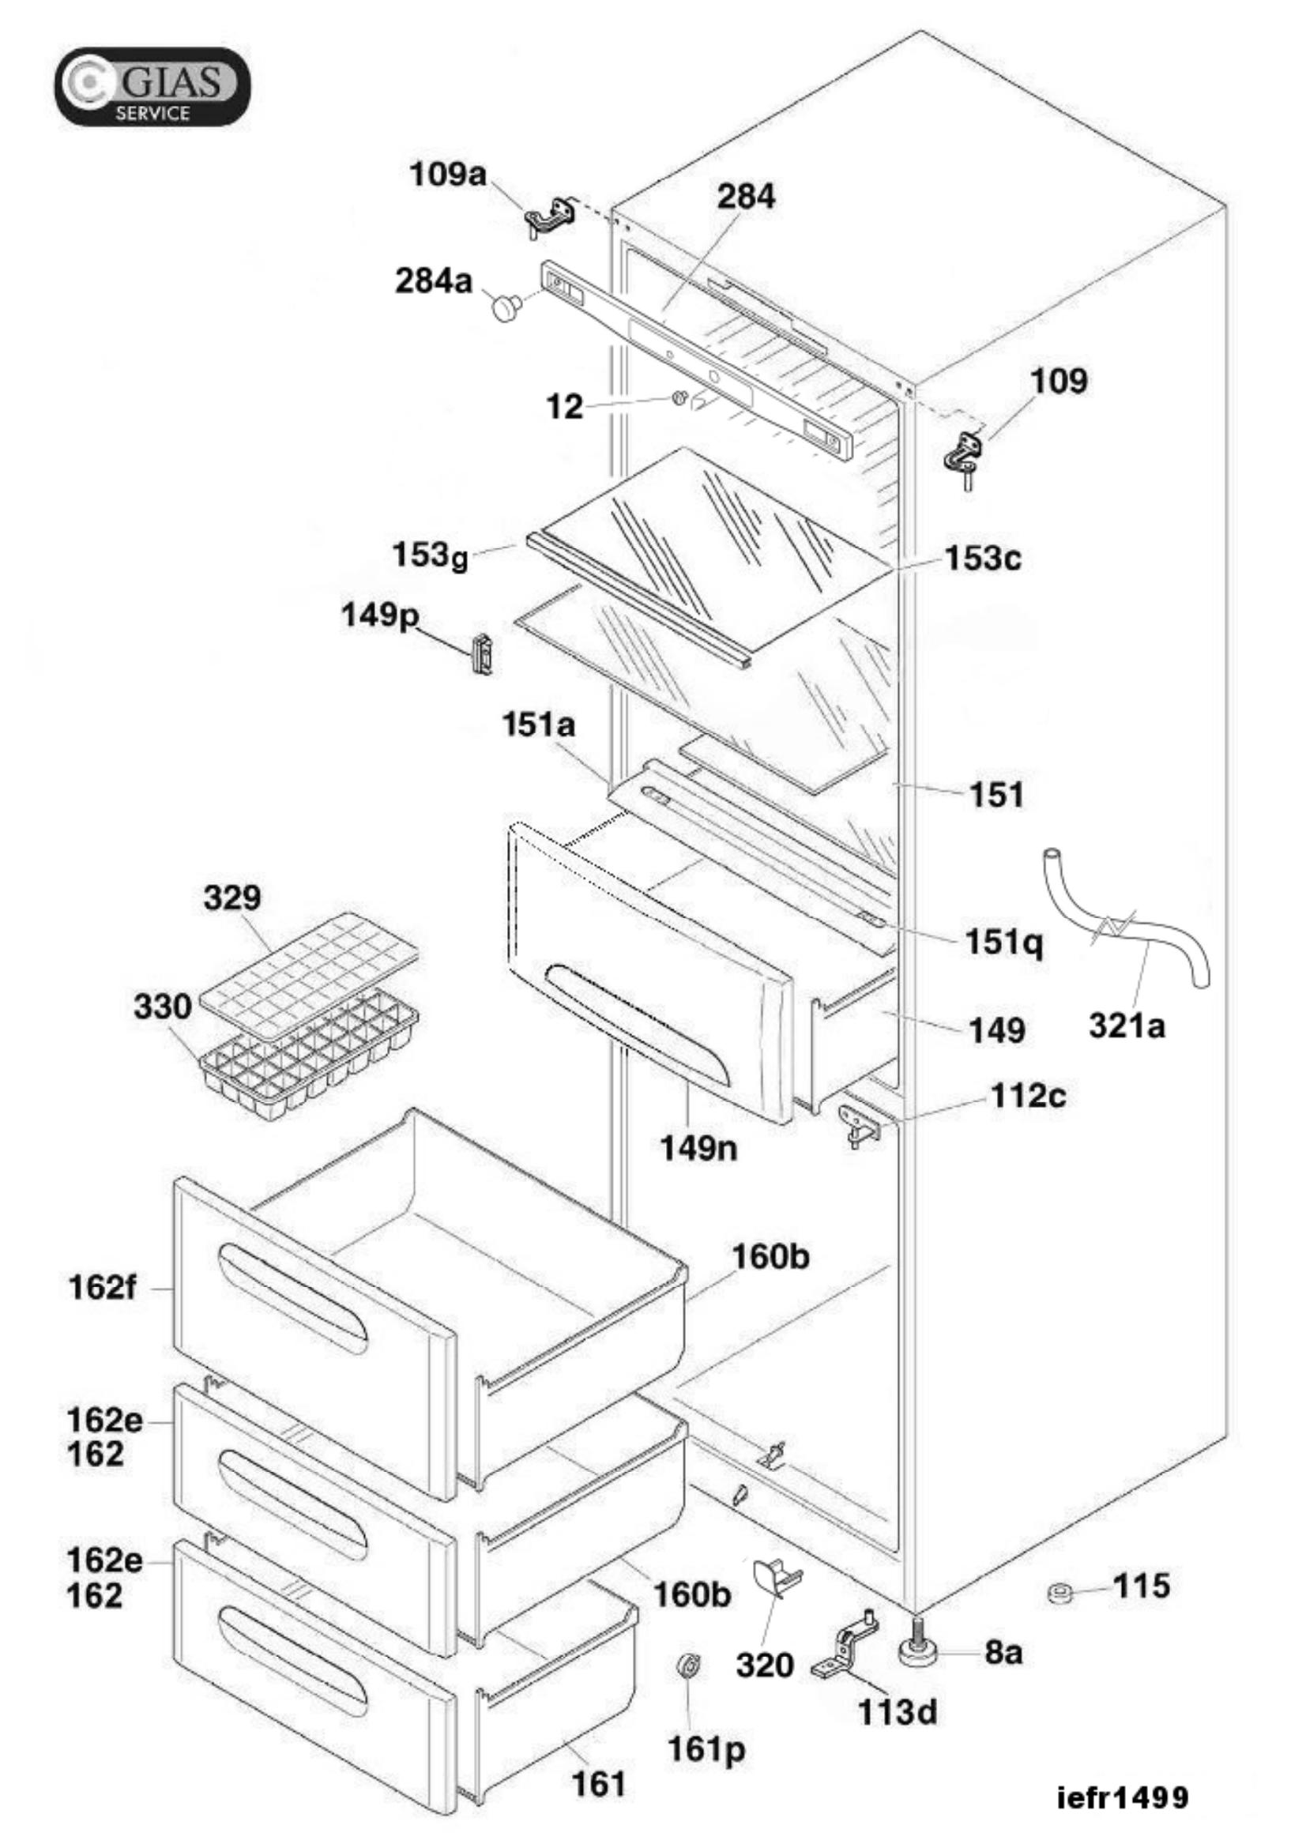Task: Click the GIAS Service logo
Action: click(x=152, y=86)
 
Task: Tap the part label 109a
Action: click(x=448, y=174)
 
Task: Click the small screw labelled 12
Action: click(x=679, y=397)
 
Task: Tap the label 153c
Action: click(x=984, y=558)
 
